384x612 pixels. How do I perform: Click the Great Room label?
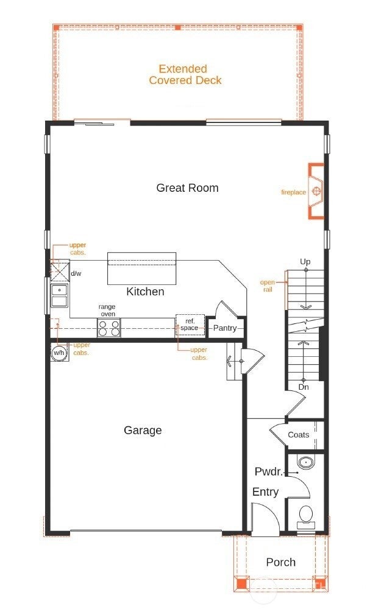(187, 188)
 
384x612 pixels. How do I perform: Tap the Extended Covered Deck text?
(185, 74)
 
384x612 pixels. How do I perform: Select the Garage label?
(143, 430)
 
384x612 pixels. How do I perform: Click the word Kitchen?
(145, 292)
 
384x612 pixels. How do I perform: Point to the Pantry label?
(225, 328)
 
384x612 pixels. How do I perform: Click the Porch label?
(280, 562)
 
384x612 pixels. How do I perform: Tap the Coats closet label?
(298, 435)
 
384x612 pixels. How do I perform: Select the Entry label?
(265, 492)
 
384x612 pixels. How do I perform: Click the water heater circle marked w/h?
(59, 353)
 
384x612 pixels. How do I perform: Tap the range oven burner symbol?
(108, 328)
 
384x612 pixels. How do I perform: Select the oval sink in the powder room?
(305, 463)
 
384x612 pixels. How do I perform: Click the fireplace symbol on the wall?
(316, 191)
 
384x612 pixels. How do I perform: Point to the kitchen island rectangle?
(142, 269)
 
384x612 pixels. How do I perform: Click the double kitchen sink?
(59, 295)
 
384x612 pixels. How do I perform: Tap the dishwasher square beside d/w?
(60, 270)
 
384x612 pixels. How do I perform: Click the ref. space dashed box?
(190, 325)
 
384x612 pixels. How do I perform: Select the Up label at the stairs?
(305, 261)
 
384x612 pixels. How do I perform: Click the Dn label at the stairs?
(304, 387)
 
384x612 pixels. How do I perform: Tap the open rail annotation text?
(267, 286)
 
